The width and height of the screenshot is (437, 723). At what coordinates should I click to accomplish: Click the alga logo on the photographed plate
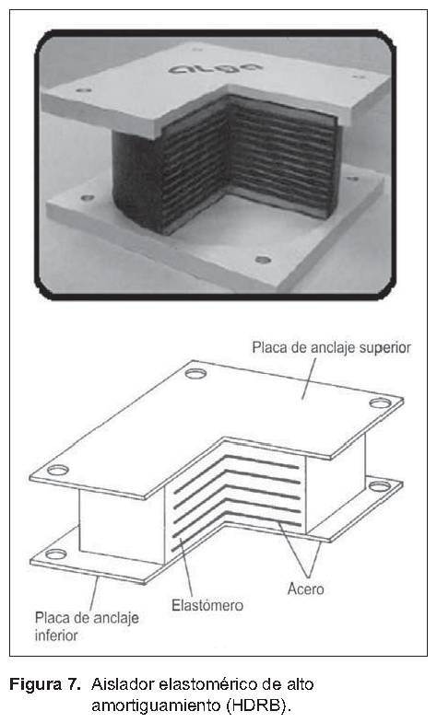point(216,69)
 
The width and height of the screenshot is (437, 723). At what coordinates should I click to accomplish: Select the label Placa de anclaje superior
point(331,347)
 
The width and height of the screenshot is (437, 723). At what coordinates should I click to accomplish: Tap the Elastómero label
point(207,605)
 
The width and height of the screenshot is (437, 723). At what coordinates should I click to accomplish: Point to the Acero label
point(305,589)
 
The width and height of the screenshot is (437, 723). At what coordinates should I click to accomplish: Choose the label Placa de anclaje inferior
point(87,626)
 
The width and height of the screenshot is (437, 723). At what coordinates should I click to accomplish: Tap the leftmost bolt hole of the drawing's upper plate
point(58,471)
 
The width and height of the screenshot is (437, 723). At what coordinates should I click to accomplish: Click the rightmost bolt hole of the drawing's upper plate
point(380,403)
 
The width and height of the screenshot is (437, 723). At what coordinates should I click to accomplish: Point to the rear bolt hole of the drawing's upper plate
point(195,373)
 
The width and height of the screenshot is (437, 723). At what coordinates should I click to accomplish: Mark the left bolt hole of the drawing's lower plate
point(56,554)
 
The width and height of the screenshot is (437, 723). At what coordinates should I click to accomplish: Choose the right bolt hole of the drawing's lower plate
point(379,486)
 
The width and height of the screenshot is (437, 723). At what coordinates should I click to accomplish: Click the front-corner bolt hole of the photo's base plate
point(263,260)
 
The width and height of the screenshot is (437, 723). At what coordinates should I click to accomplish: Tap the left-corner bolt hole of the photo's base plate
point(88,198)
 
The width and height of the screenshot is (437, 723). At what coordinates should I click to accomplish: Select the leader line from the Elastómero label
point(186,567)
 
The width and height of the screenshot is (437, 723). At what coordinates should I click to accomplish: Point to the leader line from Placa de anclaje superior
point(309,379)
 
